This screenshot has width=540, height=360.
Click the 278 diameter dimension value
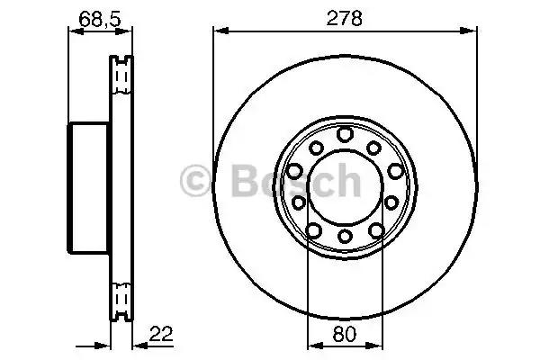[344, 18]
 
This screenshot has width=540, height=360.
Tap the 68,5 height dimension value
[100, 19]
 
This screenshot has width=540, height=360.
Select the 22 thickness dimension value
[161, 333]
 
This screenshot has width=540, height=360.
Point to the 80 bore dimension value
[345, 334]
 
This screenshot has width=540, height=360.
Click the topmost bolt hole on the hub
[345, 134]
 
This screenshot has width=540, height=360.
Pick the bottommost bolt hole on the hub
[345, 236]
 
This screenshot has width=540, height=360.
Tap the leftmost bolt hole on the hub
[295, 171]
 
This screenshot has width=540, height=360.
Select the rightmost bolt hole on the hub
[395, 171]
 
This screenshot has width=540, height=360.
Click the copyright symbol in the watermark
[195, 181]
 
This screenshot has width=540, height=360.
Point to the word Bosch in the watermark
[296, 180]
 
